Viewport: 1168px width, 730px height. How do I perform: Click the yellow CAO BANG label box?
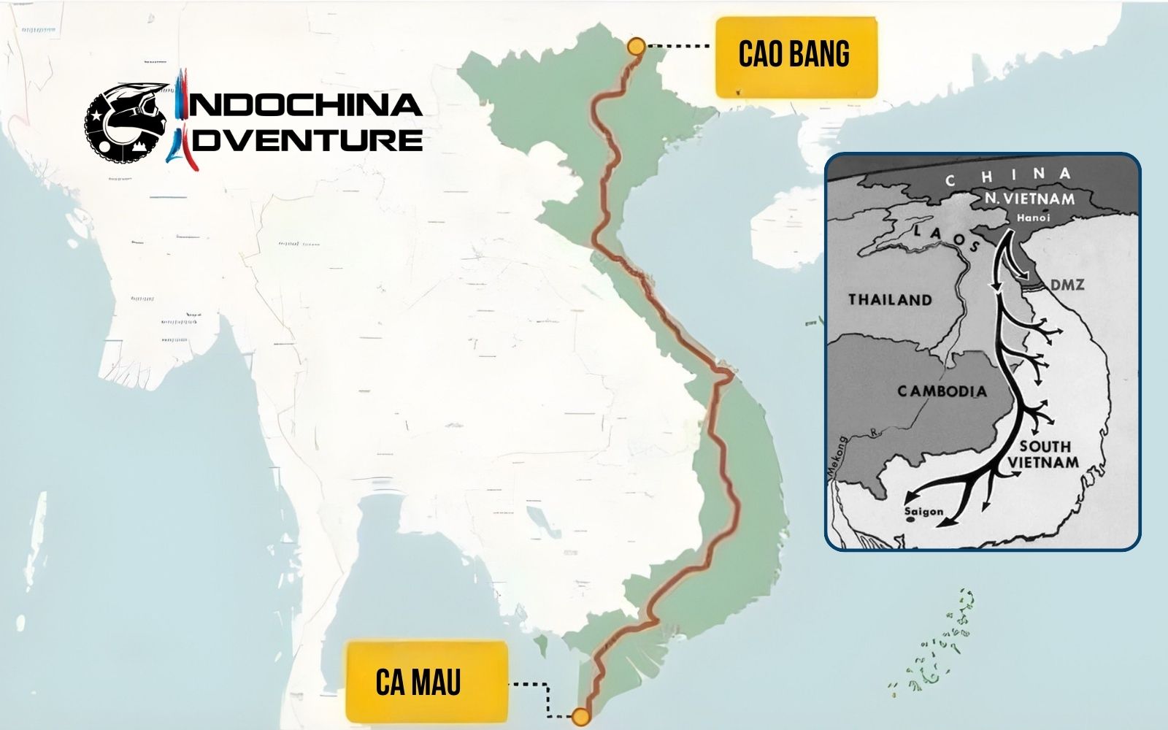click(796, 57)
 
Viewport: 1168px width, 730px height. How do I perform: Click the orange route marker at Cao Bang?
click(636, 46)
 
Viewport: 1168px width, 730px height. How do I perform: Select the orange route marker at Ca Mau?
click(581, 716)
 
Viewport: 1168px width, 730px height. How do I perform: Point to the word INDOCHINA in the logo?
click(303, 105)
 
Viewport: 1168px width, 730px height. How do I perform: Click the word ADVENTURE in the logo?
click(307, 139)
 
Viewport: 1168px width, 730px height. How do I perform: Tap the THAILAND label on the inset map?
click(890, 299)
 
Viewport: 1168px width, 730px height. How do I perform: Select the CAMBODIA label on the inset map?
click(942, 391)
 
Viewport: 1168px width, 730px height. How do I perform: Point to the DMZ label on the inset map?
click(1067, 285)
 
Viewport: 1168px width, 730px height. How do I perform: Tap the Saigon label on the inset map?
click(923, 512)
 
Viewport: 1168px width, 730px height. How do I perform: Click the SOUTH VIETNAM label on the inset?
click(1044, 454)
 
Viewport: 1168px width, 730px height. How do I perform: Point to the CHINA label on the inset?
click(1007, 176)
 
